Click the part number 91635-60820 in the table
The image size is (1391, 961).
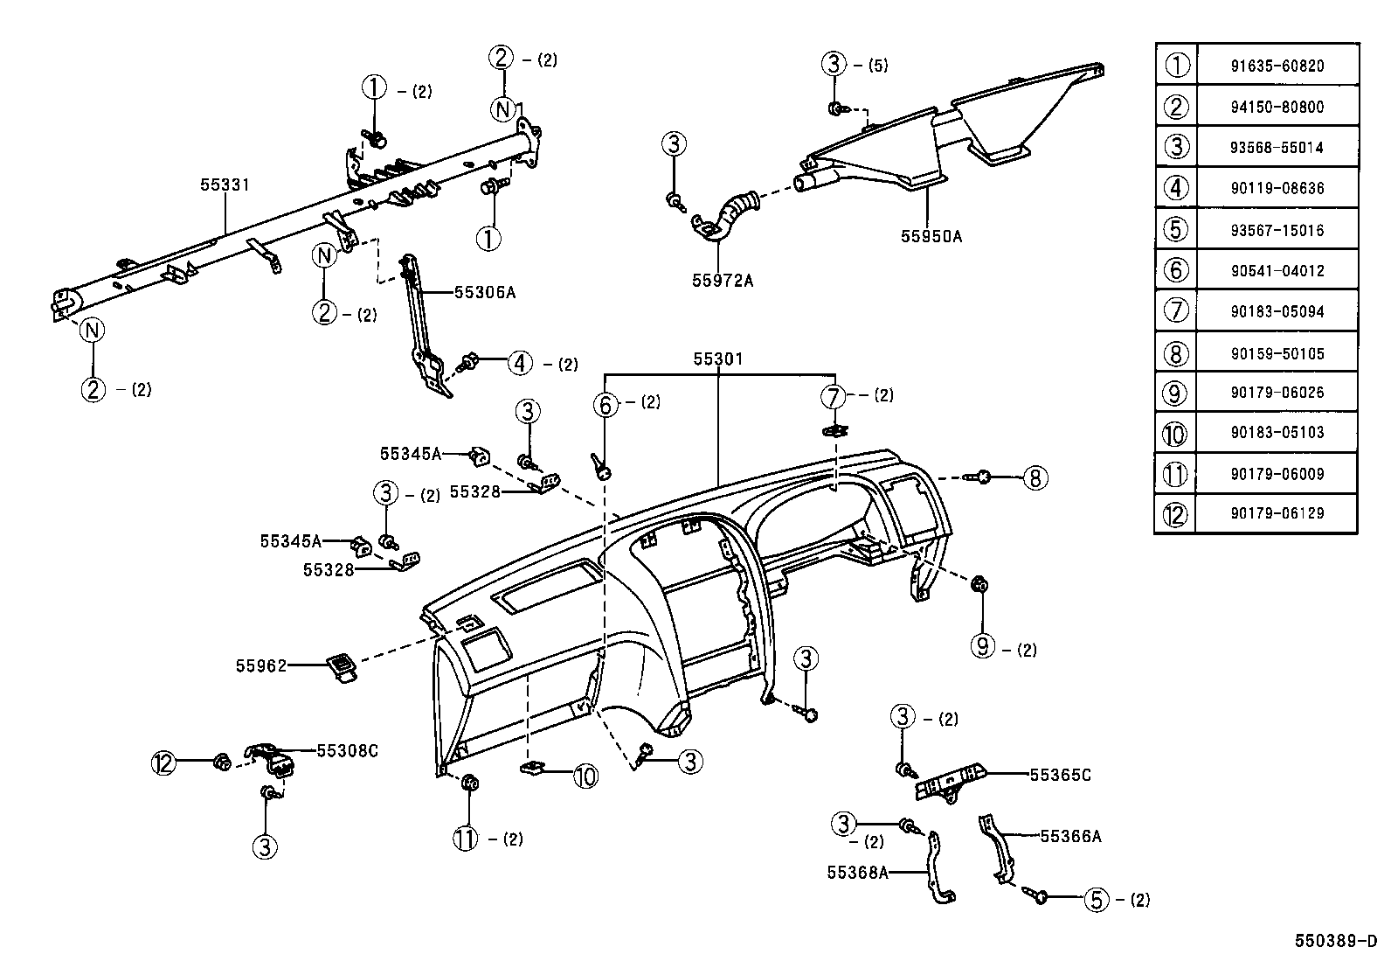(x=1277, y=66)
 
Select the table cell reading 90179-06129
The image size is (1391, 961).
(x=1277, y=513)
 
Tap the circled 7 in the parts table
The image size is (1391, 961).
(x=1176, y=310)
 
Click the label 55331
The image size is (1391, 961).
(x=225, y=185)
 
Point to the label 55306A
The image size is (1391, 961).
(x=485, y=292)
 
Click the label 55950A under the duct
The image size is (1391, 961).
(x=931, y=236)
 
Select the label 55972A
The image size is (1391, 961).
(x=723, y=280)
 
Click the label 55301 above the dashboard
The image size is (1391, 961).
(x=717, y=359)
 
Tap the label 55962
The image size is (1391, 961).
(x=260, y=665)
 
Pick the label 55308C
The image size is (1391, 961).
(x=347, y=750)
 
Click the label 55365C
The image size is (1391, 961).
(x=1060, y=775)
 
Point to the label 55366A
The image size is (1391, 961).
(x=1070, y=836)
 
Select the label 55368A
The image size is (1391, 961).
(x=857, y=872)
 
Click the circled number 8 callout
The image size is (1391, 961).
(x=1035, y=477)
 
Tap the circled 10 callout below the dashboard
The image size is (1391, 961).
(x=585, y=775)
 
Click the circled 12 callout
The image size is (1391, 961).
(x=163, y=763)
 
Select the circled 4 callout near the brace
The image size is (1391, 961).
(x=520, y=362)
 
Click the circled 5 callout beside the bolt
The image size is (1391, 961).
(x=1096, y=899)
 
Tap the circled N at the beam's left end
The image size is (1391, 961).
(x=93, y=331)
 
